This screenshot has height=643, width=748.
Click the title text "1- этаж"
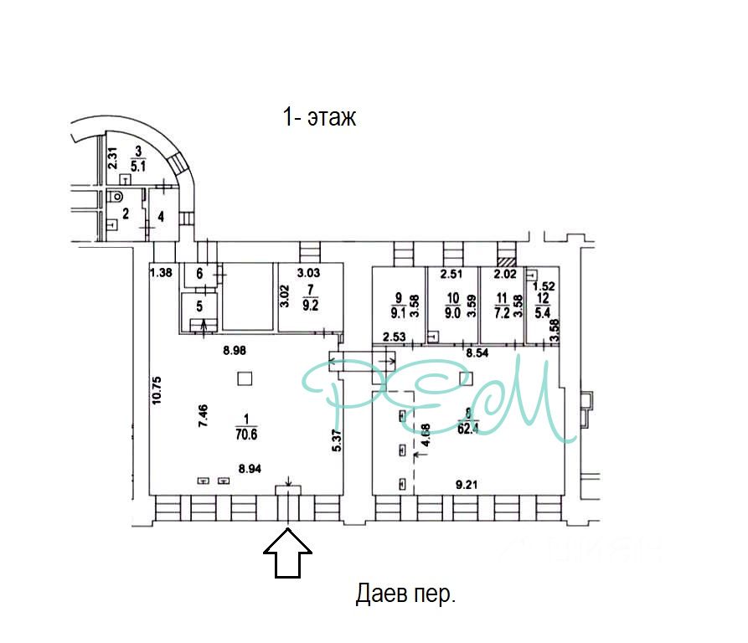coord(319,117)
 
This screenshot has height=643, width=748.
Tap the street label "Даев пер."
coord(405,595)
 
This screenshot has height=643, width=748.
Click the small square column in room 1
coord(243,378)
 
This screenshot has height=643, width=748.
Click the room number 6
coord(199,273)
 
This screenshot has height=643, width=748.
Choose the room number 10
coord(453,298)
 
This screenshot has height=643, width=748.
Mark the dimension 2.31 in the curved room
coord(110,157)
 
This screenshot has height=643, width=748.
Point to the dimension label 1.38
coord(161,271)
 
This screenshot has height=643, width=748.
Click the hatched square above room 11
coord(505,260)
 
